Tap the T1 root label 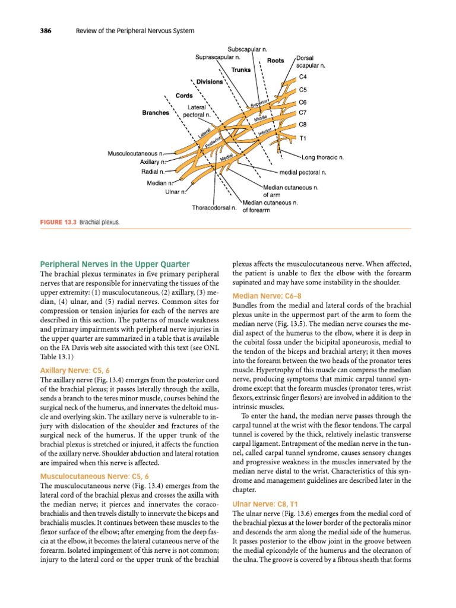(302, 138)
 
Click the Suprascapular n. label (218, 57)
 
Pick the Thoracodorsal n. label (214, 208)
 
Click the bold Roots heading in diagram (275, 61)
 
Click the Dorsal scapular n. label (310, 62)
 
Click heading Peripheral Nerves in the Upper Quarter (115, 264)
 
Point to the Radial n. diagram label (154, 172)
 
